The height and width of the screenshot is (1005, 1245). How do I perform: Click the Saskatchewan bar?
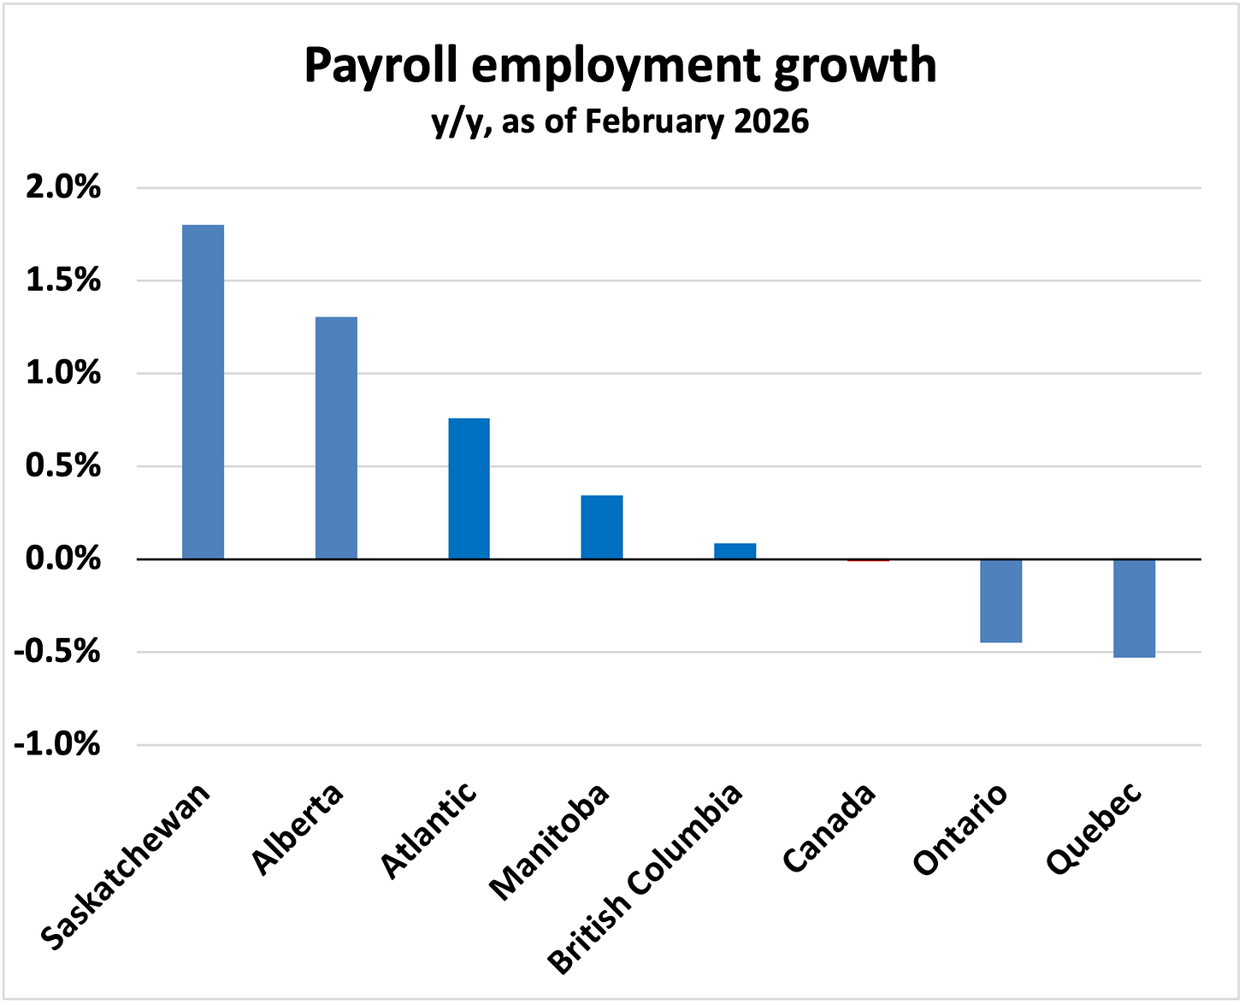pos(203,392)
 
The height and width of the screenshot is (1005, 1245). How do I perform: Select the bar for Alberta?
pos(336,438)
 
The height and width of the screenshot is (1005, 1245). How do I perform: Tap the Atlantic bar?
pos(469,488)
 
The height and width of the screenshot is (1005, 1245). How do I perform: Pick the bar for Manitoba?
pos(602,528)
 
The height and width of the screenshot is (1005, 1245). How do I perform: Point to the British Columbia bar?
pos(735,551)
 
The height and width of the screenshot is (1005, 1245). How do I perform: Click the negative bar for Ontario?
pos(1001,601)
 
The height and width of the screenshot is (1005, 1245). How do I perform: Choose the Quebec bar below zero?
pos(1135,608)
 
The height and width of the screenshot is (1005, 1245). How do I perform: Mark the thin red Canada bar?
pos(869,560)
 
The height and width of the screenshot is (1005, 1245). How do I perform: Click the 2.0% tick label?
pos(63,187)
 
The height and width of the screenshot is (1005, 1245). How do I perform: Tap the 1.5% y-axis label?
pos(63,281)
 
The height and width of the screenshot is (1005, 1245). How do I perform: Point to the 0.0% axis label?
pos(63,559)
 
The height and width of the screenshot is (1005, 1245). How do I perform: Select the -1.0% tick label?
pos(56,745)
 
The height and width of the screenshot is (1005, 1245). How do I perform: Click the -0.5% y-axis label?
pos(56,653)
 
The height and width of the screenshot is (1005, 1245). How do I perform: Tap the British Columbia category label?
pos(645,879)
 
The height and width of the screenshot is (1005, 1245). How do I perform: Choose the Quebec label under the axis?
pos(1094,829)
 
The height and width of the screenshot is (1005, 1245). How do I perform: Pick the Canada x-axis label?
pos(828,828)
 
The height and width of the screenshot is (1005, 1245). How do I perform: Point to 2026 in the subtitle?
pos(772,121)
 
